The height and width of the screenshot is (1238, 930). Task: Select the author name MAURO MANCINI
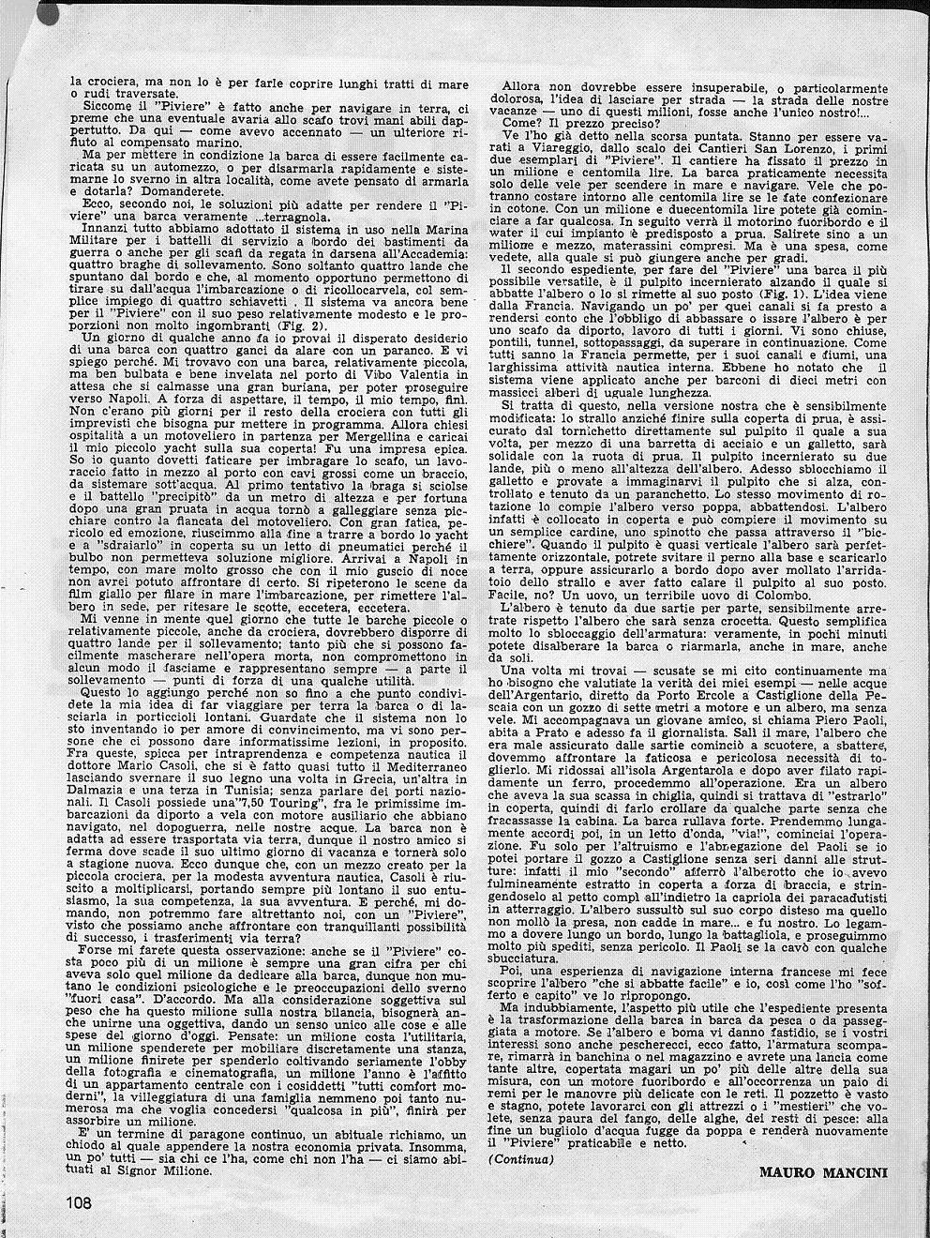(823, 1171)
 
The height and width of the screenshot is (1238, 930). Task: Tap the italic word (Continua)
(521, 1159)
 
